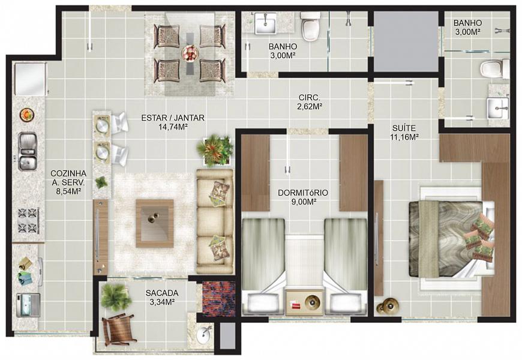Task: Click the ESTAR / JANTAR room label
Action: coord(173,118)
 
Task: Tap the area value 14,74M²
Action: coord(173,127)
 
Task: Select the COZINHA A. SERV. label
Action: coord(68,178)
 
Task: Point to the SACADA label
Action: coord(162,293)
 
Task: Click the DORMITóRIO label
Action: coord(302,193)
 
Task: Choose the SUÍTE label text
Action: coord(403,128)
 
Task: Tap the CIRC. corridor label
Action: coord(310,98)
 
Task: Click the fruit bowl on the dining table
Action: coord(190,53)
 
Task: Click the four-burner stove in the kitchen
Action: coord(29,220)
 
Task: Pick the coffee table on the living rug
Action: coord(155,223)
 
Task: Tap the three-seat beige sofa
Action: coord(214,221)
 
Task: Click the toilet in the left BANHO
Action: coord(310,26)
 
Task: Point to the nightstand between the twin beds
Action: coord(305,302)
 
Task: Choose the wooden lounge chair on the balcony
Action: coord(118,329)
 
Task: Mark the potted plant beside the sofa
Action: coord(215,151)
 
